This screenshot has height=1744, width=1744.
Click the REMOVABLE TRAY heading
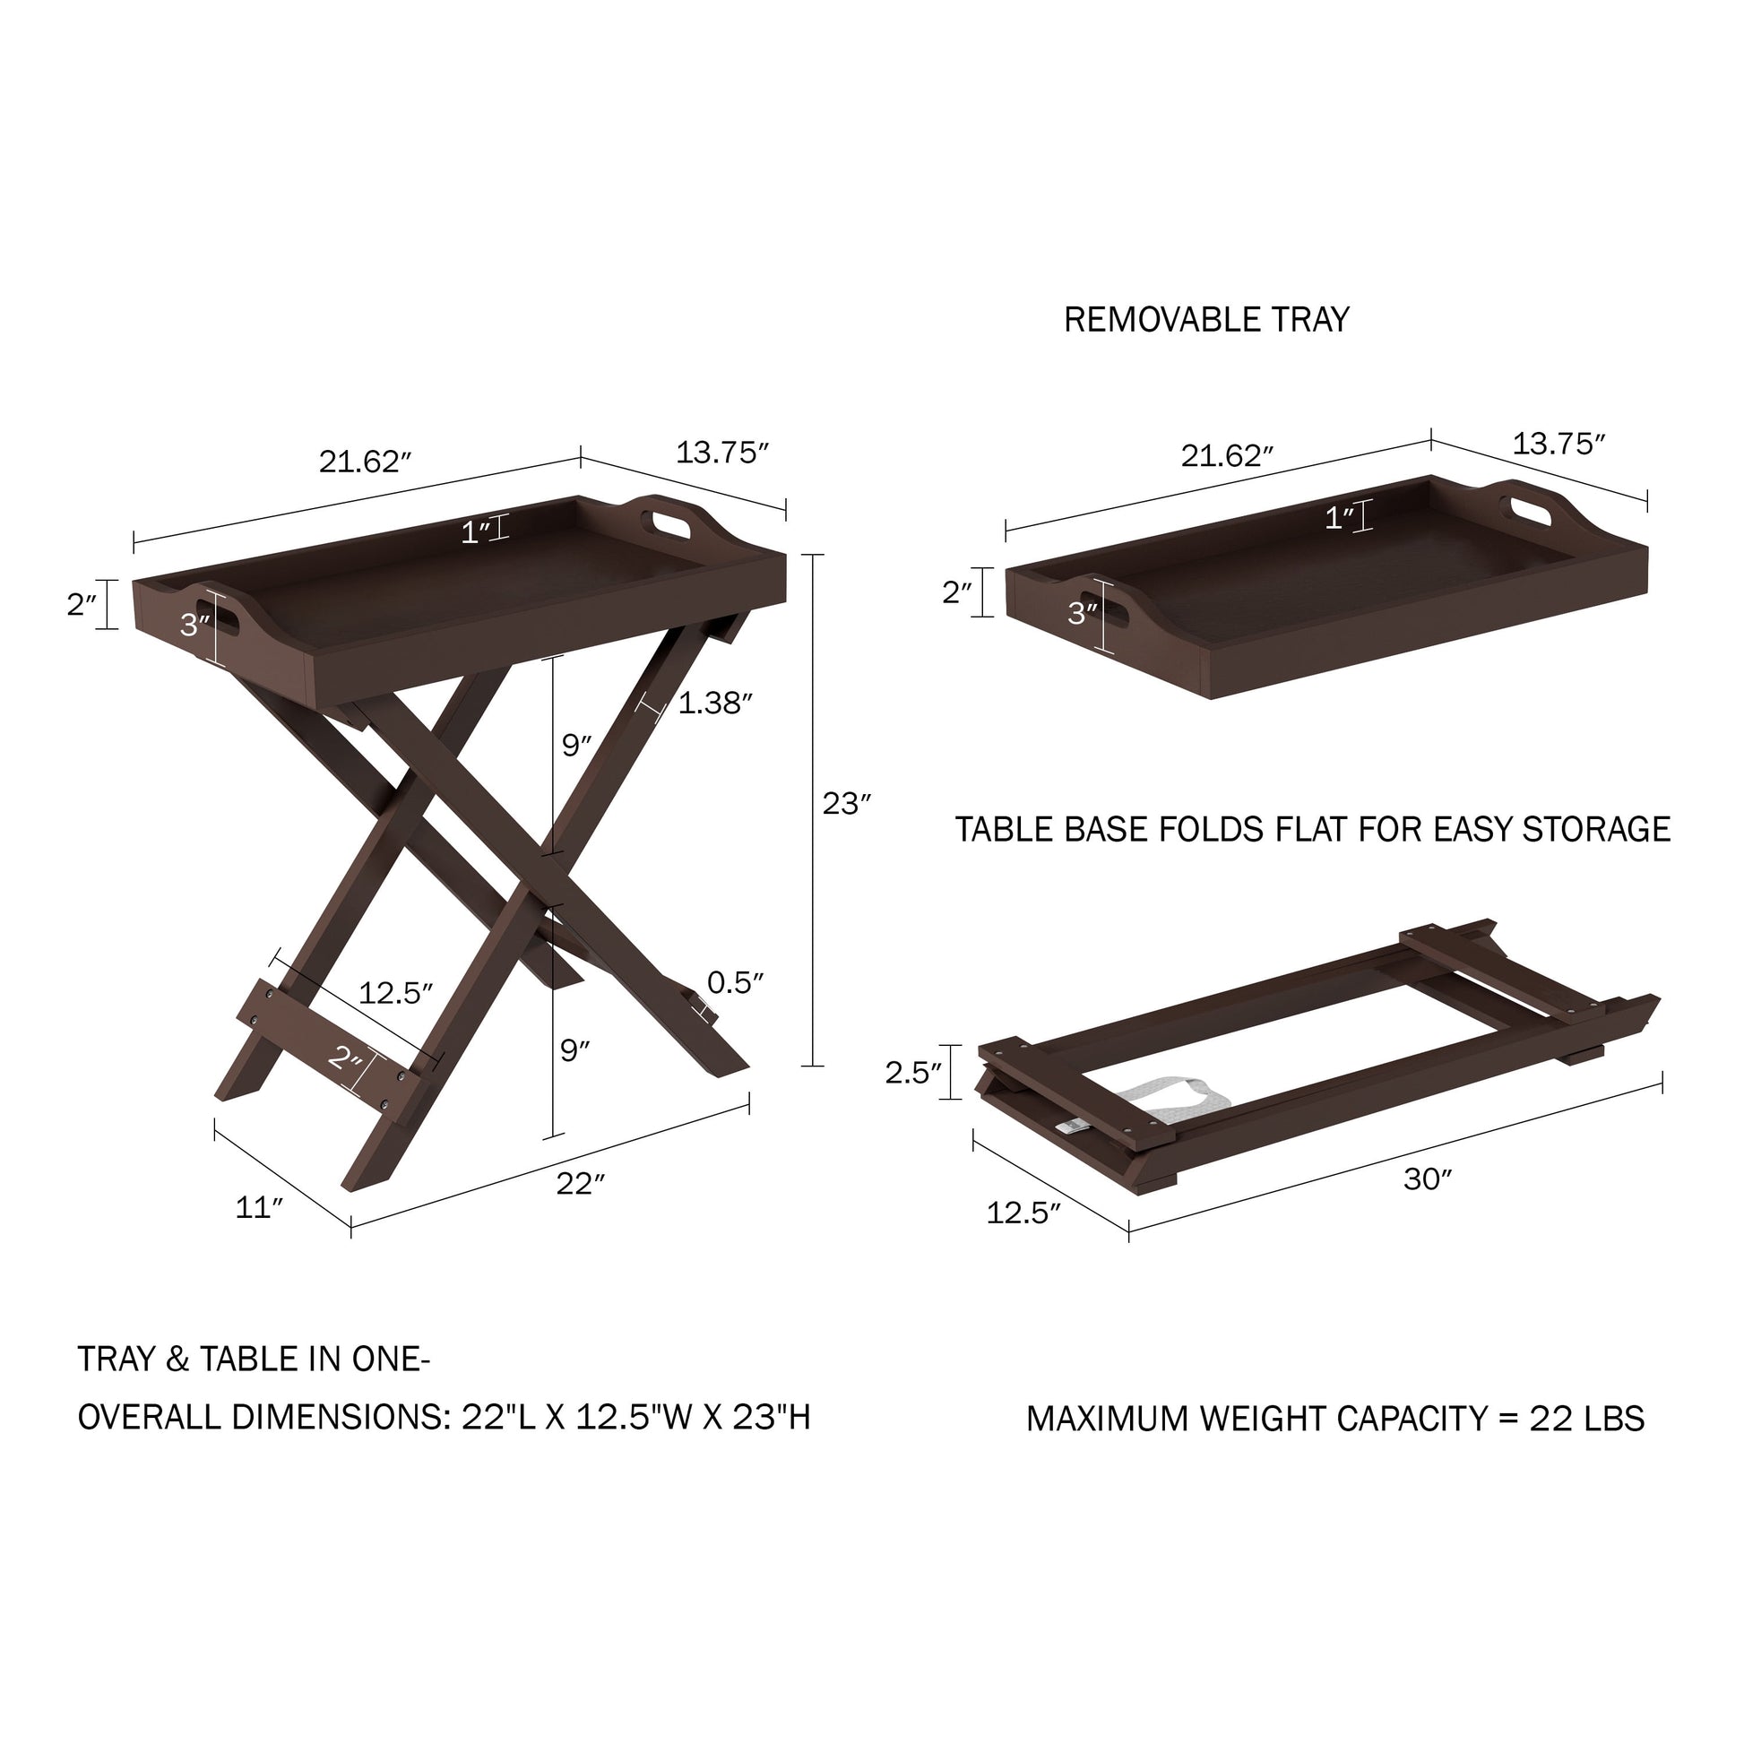coord(1206,320)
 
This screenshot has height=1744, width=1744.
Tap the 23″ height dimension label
coord(846,803)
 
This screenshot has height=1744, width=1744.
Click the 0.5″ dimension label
coord(735,982)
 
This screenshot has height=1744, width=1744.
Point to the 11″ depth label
coord(259,1207)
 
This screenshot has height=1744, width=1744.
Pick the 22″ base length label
coord(580,1182)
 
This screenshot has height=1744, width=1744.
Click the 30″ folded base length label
coord(1427,1178)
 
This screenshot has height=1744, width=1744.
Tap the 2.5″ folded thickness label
coord(912,1073)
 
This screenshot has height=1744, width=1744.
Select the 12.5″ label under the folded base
coord(1023,1213)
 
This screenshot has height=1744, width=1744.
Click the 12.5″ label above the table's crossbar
coord(395,993)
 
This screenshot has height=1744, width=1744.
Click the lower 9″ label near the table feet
coord(574,1049)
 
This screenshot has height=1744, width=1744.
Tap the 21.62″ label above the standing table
coord(365,462)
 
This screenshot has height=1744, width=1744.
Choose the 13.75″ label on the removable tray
coord(1559,444)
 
